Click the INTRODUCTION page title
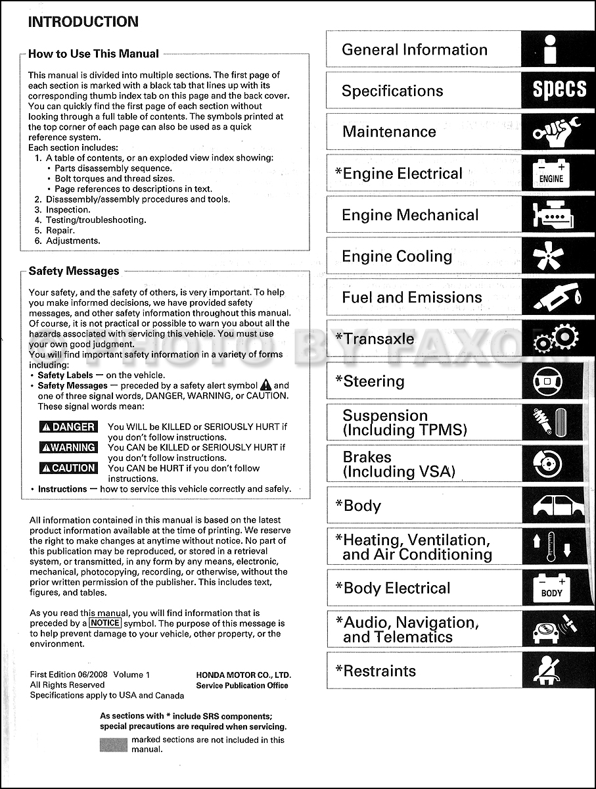[x=83, y=21]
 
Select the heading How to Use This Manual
[x=93, y=54]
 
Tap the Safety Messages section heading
[x=74, y=271]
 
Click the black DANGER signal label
[x=68, y=427]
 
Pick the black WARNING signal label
[x=68, y=448]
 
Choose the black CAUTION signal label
[x=68, y=468]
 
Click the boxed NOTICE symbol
[x=105, y=623]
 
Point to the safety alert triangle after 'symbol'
[x=265, y=385]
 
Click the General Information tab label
[x=414, y=49]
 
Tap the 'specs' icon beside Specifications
[x=559, y=90]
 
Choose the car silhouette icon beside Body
[x=557, y=506]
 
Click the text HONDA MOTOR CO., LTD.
[x=243, y=675]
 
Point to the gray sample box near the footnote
[x=113, y=744]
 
